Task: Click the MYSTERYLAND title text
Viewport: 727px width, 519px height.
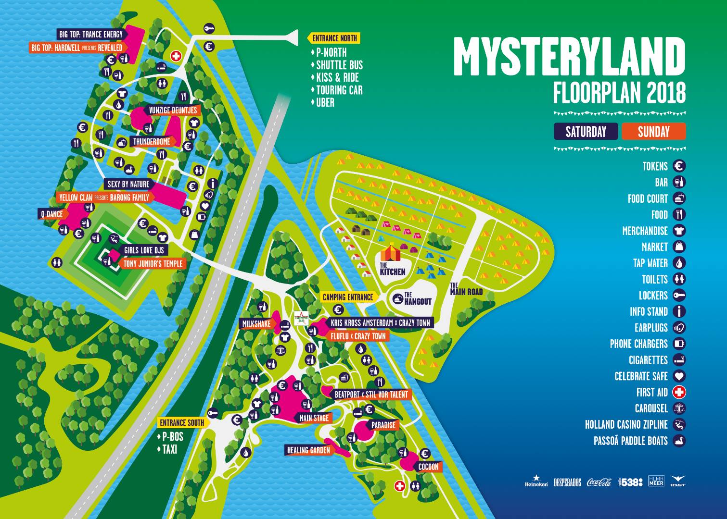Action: click(569, 57)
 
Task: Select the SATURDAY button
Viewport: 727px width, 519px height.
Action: click(586, 132)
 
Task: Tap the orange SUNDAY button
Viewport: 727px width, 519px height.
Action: click(653, 132)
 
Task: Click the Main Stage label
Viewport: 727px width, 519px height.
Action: click(314, 418)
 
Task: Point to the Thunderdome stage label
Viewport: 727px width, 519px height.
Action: click(152, 142)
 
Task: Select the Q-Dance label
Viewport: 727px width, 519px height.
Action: click(52, 214)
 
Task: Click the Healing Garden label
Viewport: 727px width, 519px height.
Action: click(308, 450)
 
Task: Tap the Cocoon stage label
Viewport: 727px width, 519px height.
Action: click(428, 467)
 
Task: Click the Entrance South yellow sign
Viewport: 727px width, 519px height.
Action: click(182, 423)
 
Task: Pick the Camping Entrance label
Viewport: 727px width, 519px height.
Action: click(347, 297)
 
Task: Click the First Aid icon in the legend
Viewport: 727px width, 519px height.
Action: click(679, 392)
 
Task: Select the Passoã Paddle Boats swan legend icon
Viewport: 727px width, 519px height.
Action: click(679, 441)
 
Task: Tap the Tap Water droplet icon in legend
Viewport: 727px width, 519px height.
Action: click(679, 263)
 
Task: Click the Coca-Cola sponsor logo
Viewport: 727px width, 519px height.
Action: click(599, 482)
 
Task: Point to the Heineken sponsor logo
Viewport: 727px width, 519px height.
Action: click(536, 482)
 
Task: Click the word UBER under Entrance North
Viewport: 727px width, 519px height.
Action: click(325, 102)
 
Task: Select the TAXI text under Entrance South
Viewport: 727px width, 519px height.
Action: click(169, 449)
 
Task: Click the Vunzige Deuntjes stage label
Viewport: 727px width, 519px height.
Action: click(173, 110)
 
